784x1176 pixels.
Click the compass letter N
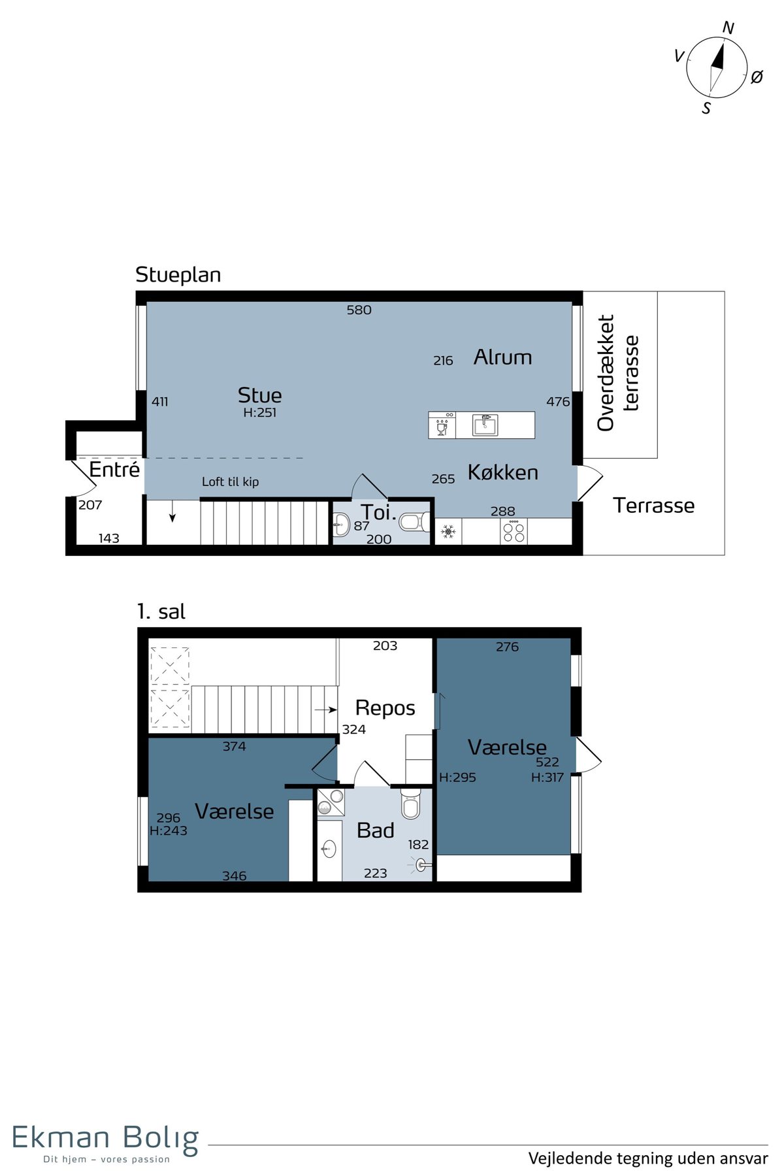coord(728,28)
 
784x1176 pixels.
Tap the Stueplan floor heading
coord(178,275)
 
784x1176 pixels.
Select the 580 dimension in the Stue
coord(359,310)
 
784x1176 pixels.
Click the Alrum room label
coord(502,357)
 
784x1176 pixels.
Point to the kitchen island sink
coord(485,425)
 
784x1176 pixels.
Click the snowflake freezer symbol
coord(448,532)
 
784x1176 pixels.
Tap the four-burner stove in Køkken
coord(514,532)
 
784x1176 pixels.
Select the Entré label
coord(114,469)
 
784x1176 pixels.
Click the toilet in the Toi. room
coord(414,522)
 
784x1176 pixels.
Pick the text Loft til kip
coord(230,482)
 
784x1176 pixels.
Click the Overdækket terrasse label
coord(617,373)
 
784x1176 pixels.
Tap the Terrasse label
coord(653,505)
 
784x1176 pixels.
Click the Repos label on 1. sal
coord(385,708)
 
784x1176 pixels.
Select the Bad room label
coord(375,830)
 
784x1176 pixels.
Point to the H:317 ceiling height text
coord(547,777)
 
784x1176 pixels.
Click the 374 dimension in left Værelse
coord(234,746)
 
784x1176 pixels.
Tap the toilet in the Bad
coord(411,804)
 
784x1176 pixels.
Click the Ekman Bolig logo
coord(105,1140)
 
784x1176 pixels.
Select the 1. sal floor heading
coord(161,612)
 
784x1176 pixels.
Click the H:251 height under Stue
coord(259,412)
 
